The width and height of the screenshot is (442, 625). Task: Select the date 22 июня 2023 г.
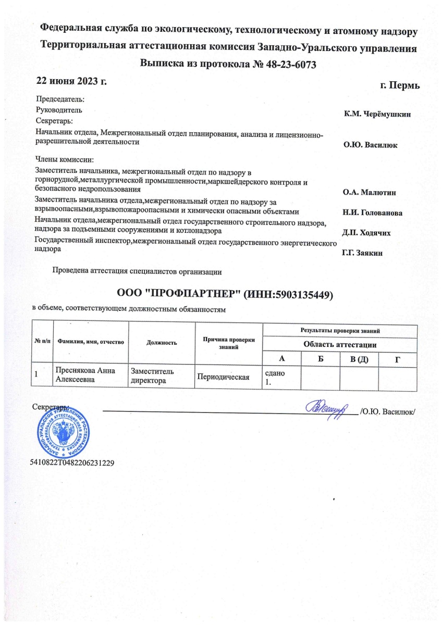pos(71,81)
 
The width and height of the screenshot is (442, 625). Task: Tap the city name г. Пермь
pos(400,85)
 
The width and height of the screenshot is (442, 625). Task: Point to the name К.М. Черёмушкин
pos(377,114)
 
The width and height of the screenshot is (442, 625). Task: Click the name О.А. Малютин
pos(370,193)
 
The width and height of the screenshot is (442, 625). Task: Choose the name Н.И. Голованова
pos(372,213)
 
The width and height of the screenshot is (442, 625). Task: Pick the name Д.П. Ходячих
pos(366,232)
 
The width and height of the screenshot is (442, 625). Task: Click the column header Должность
pos(162,343)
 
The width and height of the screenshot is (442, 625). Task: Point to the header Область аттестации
pos(340,345)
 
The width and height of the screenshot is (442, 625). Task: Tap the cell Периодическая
pos(222,376)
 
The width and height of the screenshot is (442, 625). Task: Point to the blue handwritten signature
pos(329,409)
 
